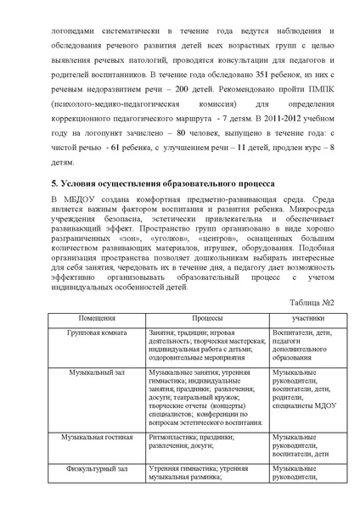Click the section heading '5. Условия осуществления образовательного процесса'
[160, 204]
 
